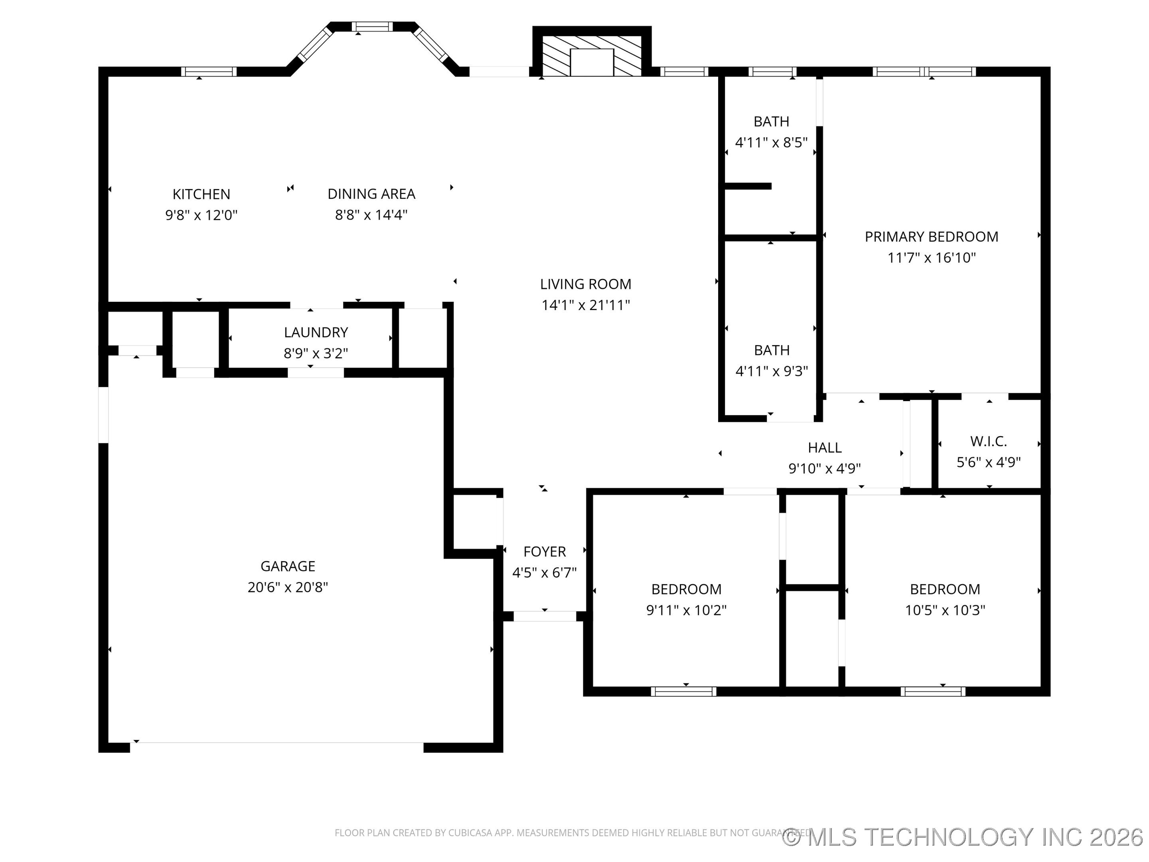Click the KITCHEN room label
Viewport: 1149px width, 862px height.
201,194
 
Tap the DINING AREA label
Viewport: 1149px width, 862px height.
371,194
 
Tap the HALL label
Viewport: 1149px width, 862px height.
824,447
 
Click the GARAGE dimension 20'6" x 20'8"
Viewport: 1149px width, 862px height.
288,587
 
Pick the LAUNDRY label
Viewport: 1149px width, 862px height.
316,332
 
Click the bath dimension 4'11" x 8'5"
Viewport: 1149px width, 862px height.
771,142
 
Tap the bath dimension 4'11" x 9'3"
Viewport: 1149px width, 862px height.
771,371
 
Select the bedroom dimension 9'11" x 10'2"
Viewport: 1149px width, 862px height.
686,610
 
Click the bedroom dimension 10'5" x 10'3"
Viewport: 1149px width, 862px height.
944,610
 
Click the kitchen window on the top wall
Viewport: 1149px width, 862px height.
208,72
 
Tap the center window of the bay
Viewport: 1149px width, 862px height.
372,26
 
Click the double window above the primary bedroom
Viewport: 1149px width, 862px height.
924,72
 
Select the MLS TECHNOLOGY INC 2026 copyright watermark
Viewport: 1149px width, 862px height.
963,836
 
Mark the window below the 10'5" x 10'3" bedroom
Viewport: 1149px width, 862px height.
932,691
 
